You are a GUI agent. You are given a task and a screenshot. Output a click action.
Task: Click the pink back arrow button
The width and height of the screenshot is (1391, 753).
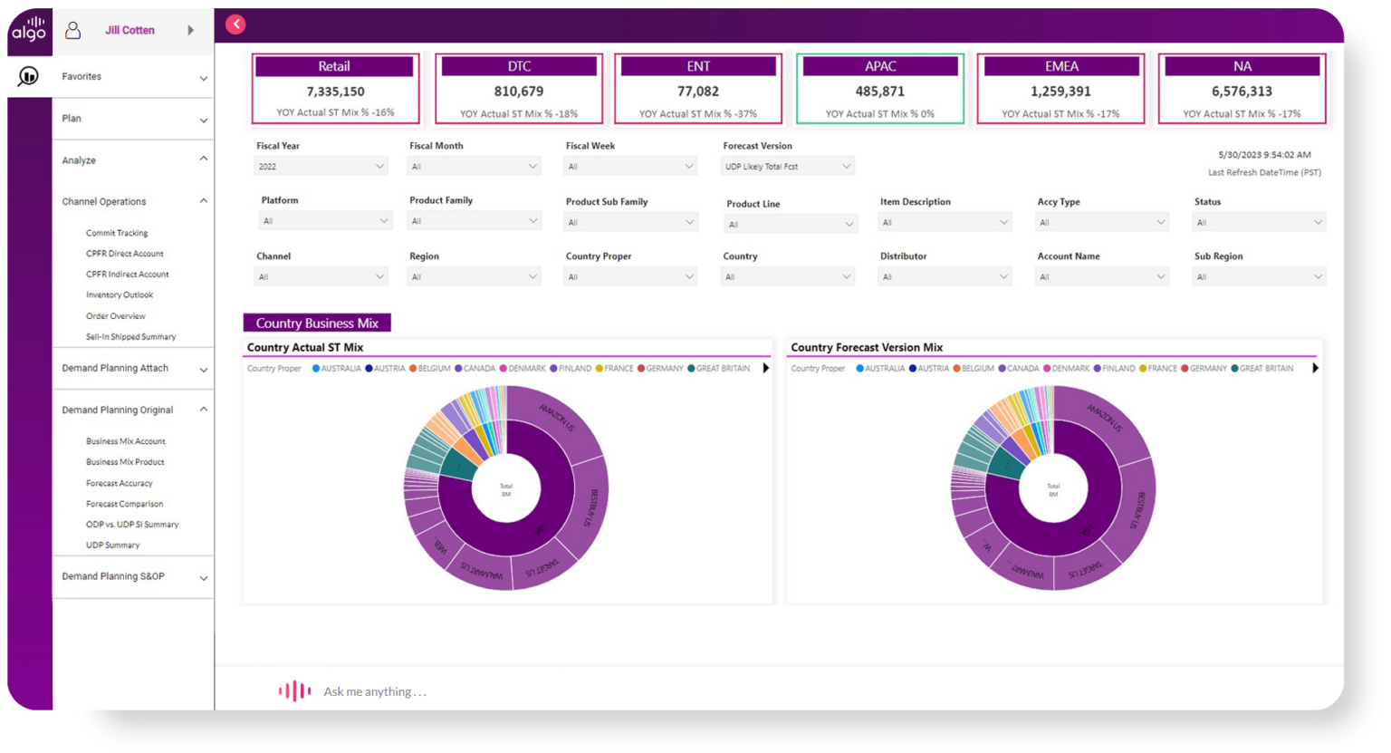point(235,24)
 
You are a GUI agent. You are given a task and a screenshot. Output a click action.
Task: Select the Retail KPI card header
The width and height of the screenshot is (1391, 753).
point(334,66)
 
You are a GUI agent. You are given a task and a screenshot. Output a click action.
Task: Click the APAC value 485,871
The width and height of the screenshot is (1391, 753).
point(879,92)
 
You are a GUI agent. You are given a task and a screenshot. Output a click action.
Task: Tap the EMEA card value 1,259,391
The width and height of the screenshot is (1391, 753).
point(1060,92)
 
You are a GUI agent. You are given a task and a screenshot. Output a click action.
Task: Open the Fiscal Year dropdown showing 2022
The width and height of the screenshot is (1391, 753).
point(321,167)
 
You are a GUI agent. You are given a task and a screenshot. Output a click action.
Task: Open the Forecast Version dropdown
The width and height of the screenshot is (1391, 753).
point(788,167)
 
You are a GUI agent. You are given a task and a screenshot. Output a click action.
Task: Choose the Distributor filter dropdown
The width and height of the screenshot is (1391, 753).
point(945,277)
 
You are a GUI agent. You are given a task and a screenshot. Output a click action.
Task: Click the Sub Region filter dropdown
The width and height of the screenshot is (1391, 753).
point(1259,277)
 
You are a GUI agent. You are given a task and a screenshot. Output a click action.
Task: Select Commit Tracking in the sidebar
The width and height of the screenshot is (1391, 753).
point(117,233)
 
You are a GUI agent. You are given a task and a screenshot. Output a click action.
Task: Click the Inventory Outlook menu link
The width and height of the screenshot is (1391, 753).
point(120,294)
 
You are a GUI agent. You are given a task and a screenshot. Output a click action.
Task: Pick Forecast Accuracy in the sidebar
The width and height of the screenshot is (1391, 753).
point(120,483)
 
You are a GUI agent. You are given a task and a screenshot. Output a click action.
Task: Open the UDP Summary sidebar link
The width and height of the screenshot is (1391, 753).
point(113,545)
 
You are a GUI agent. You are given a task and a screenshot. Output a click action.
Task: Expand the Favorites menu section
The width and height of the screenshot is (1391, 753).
point(133,77)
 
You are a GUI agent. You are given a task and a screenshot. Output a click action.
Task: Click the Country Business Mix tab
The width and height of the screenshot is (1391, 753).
point(317,323)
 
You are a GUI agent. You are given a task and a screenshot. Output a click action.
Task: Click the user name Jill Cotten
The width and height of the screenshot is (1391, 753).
point(130,30)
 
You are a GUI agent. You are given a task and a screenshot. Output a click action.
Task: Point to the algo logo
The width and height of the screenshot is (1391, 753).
point(29,30)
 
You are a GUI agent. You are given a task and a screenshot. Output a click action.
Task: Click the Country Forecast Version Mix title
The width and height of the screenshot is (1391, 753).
point(867,347)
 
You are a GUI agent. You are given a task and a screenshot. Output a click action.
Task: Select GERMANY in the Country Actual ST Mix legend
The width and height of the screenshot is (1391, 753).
point(664,369)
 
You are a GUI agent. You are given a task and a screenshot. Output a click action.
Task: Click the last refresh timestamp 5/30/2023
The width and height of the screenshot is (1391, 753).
point(1264,155)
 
